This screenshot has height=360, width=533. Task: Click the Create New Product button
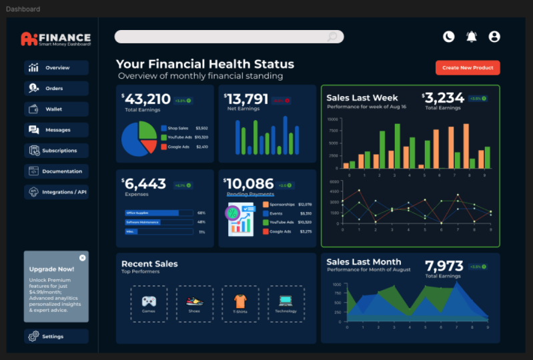(x=468, y=68)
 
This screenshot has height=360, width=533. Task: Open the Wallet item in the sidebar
(x=56, y=109)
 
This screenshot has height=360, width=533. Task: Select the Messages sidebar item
(x=56, y=130)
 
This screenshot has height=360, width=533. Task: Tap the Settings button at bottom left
(x=56, y=337)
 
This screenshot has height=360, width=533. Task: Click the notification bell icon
(x=472, y=37)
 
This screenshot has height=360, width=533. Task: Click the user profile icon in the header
(x=494, y=37)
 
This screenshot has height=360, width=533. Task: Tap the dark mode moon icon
(x=449, y=37)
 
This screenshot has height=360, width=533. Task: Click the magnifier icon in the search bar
(x=332, y=37)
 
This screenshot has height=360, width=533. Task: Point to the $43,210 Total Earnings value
(x=147, y=99)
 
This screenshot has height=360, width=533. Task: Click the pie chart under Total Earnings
(x=139, y=138)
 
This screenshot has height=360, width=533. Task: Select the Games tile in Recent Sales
(x=149, y=304)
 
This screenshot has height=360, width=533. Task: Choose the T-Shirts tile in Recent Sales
(x=240, y=304)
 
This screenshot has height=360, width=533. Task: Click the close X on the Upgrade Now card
(x=82, y=258)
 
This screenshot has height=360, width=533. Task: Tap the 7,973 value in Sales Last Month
(x=444, y=266)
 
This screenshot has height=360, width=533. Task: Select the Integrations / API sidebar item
(x=56, y=192)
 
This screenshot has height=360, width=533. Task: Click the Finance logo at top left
(x=56, y=39)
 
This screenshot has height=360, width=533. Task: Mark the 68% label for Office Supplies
(x=201, y=213)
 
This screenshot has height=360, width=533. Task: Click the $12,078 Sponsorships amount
(x=305, y=205)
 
